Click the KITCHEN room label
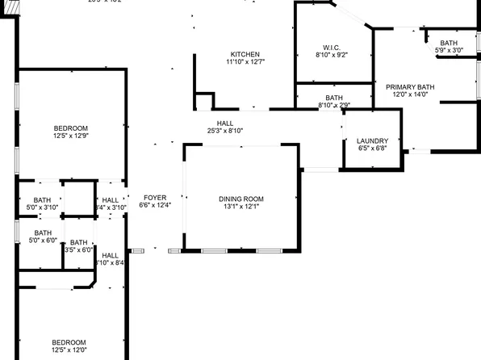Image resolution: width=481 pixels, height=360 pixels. pos(245,54)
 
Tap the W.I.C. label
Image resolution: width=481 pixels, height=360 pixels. pos(331,48)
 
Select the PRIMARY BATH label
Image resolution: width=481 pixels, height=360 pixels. pos(410,87)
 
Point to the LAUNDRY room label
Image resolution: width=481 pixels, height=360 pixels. pos(372,140)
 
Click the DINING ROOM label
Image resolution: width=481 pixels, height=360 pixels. pos(241,199)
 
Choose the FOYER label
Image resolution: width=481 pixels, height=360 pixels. pos(155,198)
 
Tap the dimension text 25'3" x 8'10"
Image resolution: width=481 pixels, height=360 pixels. pos(225,131)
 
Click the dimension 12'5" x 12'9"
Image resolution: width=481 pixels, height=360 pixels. pos(70,136)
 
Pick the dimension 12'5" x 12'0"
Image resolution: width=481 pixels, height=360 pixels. pos(69,350)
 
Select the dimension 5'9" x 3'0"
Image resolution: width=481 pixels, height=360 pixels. pos(449,51)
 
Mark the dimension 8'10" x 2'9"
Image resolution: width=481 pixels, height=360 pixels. pos(334,105)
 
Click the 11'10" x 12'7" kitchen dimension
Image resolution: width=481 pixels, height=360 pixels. pos(245,61)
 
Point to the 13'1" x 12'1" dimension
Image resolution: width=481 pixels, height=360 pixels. pos(241,207)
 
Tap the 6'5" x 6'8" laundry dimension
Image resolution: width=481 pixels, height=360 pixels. pos(372,148)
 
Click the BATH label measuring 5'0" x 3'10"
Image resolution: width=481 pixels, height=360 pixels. pos(42,200)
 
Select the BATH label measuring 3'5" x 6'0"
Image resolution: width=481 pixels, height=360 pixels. pos(78,242)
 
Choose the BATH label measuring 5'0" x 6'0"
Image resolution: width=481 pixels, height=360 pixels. pos(42,233)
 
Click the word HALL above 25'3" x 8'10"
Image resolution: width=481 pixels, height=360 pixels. pos(225,123)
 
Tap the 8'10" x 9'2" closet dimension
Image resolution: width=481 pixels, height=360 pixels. pos(331,56)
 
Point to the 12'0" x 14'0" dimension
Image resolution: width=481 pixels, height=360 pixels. pos(410,94)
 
